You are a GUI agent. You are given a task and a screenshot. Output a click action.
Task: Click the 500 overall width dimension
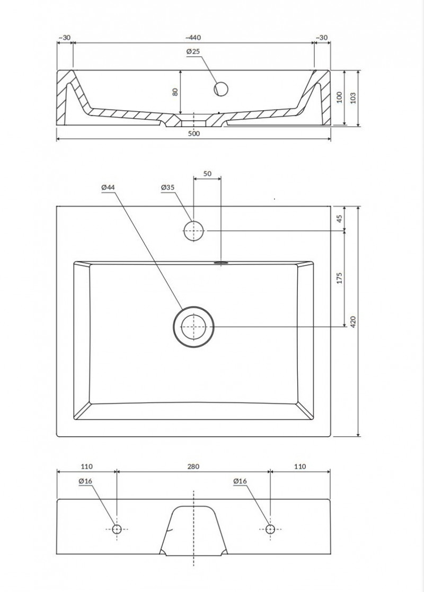[x=193, y=134]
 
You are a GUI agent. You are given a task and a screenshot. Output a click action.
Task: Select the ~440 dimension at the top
[x=193, y=38]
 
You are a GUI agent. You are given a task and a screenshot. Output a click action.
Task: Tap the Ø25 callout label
[x=193, y=51]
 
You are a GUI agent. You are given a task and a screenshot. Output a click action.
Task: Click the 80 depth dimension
[x=175, y=92]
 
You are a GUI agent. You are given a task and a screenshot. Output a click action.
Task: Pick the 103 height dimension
[x=354, y=97]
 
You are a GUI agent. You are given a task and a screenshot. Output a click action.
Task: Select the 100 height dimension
[x=340, y=97]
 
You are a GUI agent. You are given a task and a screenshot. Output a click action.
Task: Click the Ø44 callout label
[x=108, y=187]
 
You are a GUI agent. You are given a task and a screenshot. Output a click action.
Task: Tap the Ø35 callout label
[x=167, y=187]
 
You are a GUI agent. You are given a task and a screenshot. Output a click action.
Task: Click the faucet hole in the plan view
[x=193, y=231]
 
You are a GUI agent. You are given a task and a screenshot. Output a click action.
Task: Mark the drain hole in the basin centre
[x=193, y=327]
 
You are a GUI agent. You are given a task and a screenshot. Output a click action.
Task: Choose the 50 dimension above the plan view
[x=207, y=174]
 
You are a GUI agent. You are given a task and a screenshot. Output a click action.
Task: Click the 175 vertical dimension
[x=340, y=278]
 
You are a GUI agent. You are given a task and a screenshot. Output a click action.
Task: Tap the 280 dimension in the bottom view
[x=193, y=467]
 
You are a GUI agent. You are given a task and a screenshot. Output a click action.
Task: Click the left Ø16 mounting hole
[x=117, y=528]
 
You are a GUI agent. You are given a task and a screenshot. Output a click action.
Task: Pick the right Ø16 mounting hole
[x=270, y=528]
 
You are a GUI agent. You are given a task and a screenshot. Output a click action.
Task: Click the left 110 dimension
[x=87, y=467]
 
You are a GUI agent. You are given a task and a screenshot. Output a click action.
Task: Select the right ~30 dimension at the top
[x=321, y=38]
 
